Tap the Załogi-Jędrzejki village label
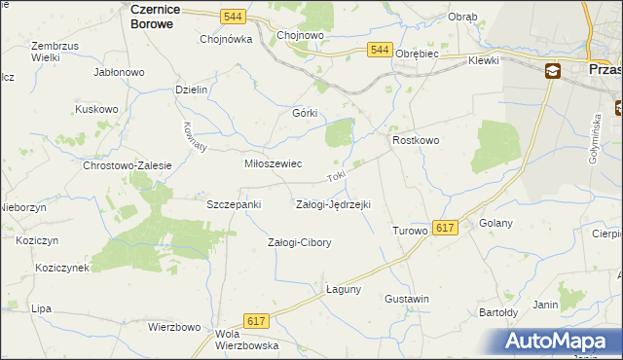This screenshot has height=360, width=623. pyautogui.click(x=333, y=204)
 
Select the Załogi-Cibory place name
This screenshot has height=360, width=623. pyautogui.click(x=300, y=242)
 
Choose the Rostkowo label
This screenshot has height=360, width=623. pyautogui.click(x=416, y=141)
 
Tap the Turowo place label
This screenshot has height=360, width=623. pyautogui.click(x=410, y=231)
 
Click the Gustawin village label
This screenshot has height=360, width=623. pyautogui.click(x=407, y=299)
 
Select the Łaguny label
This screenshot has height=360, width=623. pyautogui.click(x=344, y=289)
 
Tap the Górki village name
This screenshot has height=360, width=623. pyautogui.click(x=306, y=112)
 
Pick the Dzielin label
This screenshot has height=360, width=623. pyautogui.click(x=192, y=89)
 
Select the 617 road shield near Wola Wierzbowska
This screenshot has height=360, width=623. pyautogui.click(x=257, y=321)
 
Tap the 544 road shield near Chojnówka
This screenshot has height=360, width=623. pyautogui.click(x=232, y=17)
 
